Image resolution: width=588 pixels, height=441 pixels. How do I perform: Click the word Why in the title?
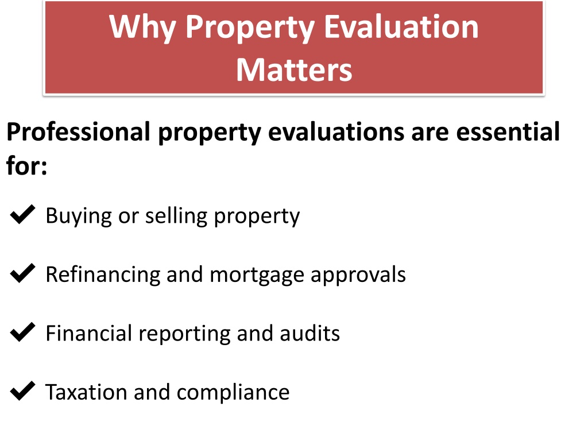(142, 28)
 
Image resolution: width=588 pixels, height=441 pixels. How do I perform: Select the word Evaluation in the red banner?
(401, 26)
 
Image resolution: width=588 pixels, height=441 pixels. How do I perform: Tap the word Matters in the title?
(294, 69)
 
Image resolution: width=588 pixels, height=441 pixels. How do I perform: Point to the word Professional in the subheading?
(78, 131)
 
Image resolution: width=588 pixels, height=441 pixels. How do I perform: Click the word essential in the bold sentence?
(508, 131)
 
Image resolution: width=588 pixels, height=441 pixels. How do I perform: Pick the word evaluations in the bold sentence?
(336, 131)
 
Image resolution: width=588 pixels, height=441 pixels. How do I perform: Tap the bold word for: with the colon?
(27, 164)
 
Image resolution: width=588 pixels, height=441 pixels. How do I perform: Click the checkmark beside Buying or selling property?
(22, 215)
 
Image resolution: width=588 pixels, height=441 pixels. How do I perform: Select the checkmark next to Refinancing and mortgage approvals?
(22, 273)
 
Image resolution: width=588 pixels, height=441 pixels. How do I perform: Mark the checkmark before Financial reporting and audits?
(22, 332)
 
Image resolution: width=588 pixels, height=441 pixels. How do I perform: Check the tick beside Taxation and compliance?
(22, 390)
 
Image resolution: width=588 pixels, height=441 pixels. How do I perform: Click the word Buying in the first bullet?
(79, 216)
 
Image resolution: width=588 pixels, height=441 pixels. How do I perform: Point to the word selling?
(176, 216)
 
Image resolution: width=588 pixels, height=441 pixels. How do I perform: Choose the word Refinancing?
(103, 275)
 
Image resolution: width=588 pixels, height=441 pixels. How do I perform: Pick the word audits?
(310, 333)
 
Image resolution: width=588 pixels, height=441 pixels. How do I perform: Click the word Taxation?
(86, 392)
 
